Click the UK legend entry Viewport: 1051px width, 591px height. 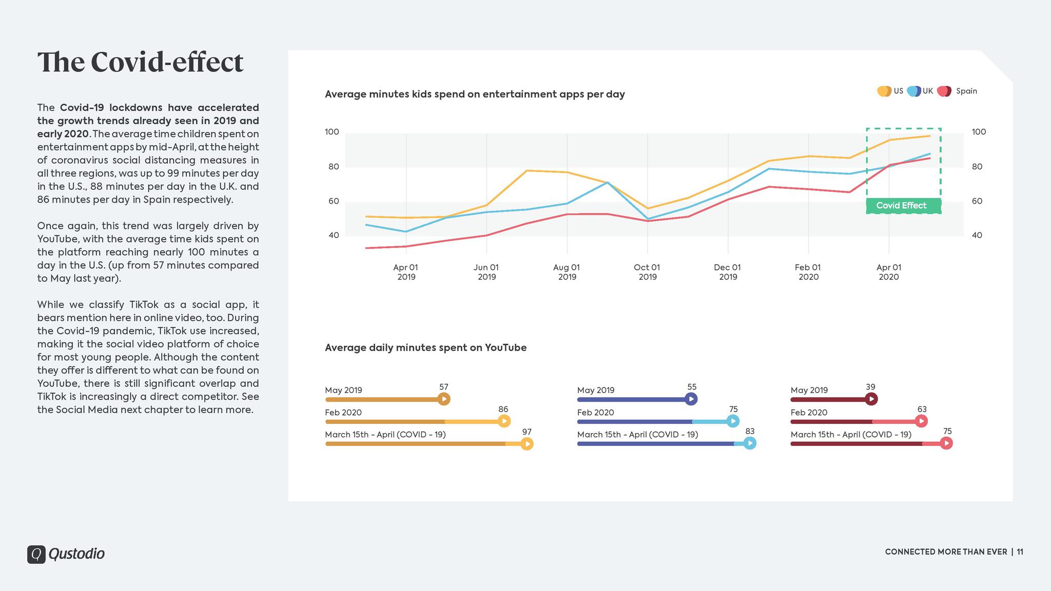point(921,91)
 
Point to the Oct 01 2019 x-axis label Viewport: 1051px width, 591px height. point(647,272)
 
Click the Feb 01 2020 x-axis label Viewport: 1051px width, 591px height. point(808,272)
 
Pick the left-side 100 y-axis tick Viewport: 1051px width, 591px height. point(332,132)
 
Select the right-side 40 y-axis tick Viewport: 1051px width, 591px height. point(977,235)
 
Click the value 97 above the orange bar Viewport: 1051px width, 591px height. point(527,432)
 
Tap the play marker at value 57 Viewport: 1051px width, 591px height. point(444,399)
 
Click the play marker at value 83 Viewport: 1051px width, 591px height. point(750,443)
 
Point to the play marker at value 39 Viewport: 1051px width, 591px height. point(871,399)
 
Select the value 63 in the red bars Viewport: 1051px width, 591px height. point(922,409)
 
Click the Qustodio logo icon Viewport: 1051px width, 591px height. point(36,554)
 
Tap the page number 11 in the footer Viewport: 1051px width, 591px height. point(1020,552)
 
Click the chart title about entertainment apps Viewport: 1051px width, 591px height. point(475,94)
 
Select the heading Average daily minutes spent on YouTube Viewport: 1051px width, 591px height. point(425,348)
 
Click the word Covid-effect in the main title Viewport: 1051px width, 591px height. point(167,62)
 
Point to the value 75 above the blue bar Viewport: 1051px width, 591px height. point(733,409)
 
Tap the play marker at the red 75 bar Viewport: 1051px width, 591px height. point(946,443)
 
